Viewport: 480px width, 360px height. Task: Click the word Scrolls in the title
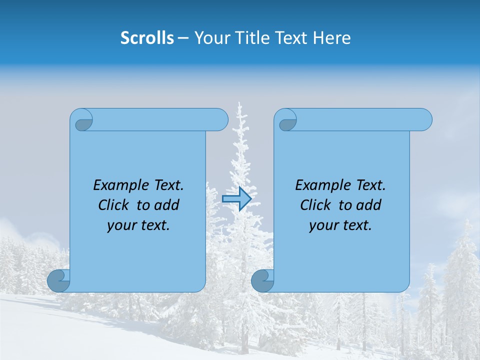pos(147,38)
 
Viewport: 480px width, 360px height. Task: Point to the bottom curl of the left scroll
pos(58,280)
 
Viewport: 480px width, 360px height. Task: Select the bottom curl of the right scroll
pos(262,280)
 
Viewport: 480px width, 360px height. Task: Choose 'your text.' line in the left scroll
pos(138,225)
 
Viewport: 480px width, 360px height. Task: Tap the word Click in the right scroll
pos(315,205)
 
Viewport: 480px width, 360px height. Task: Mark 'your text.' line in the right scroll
pos(340,225)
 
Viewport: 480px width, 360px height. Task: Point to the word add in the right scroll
pos(369,205)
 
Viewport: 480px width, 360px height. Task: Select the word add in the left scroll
pos(167,205)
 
